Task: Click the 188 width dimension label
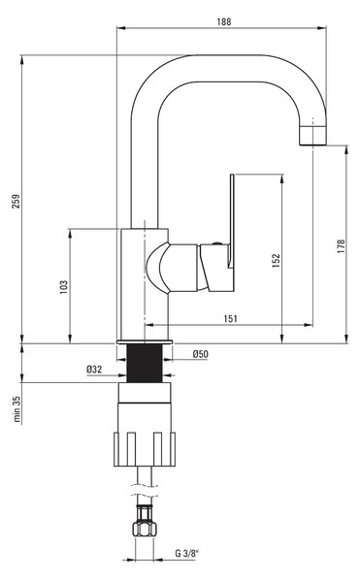click(224, 22)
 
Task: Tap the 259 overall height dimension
click(16, 201)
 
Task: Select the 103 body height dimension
click(64, 287)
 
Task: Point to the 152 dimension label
click(276, 261)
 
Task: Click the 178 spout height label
click(341, 246)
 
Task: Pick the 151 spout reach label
click(231, 319)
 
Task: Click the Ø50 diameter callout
click(201, 354)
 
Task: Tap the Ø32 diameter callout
click(94, 370)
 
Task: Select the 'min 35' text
click(16, 408)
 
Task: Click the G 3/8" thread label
click(187, 554)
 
